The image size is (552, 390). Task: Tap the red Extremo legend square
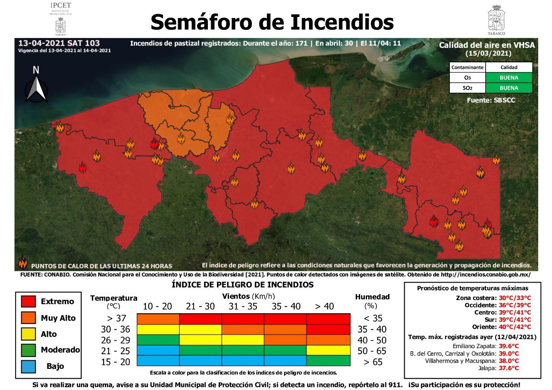click(28, 302)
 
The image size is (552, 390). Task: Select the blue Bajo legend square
click(28, 366)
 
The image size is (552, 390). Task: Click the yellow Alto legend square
click(28, 334)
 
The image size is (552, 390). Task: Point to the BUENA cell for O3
click(509, 78)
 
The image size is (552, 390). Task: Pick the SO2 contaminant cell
click(467, 88)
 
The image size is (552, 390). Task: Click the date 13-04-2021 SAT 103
click(59, 44)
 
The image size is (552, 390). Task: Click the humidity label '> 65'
click(373, 362)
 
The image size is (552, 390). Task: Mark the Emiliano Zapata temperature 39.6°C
click(509, 346)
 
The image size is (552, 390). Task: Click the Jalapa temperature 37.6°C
click(509, 368)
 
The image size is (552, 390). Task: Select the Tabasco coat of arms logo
click(496, 20)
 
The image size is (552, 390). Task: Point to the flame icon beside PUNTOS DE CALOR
click(23, 263)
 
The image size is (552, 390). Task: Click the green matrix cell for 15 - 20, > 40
click(328, 361)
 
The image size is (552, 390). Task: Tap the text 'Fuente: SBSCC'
click(491, 100)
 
